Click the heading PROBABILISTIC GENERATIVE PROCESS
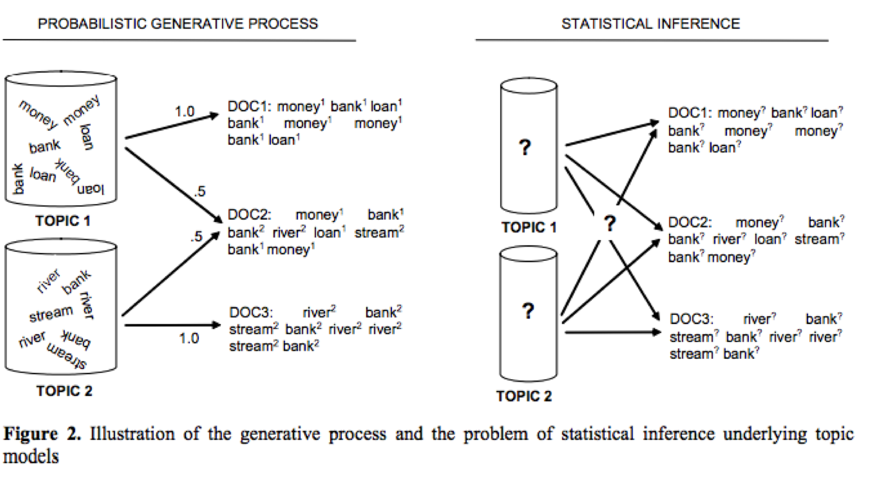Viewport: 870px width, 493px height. [177, 24]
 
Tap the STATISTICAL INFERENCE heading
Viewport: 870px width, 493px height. [650, 24]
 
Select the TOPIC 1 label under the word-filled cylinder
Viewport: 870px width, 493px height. [63, 221]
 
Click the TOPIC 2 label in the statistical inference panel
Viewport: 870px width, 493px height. [524, 396]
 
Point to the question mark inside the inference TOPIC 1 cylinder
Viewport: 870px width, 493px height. [525, 147]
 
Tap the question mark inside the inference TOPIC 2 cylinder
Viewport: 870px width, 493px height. [527, 311]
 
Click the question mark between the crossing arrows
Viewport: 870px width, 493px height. [610, 223]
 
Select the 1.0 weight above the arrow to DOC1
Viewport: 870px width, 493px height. [184, 112]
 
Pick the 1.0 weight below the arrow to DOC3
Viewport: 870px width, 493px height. [189, 338]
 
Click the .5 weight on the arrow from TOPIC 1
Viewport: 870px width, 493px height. [200, 191]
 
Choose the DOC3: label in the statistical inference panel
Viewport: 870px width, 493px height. [691, 319]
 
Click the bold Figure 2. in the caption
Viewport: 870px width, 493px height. [42, 434]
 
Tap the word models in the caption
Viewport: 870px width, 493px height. [31, 456]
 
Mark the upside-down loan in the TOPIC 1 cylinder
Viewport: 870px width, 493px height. [90, 189]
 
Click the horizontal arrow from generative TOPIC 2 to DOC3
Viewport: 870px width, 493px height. [172, 325]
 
